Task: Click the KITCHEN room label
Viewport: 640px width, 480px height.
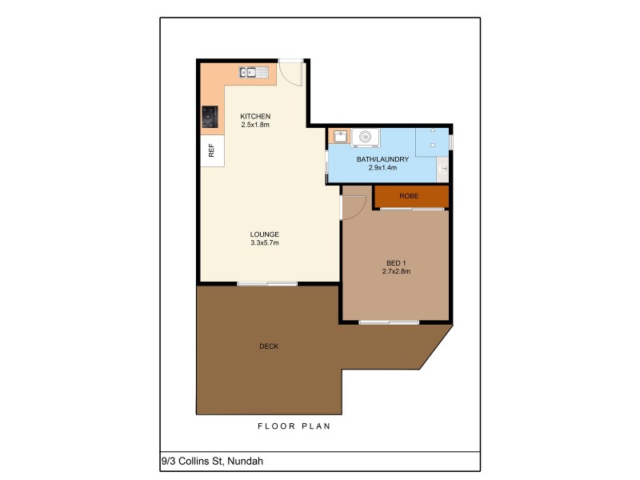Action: point(255,116)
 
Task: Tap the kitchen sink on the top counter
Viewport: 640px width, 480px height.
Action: point(256,72)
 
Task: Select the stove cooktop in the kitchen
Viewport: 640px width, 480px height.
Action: point(210,117)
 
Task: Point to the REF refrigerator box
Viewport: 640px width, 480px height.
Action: point(212,150)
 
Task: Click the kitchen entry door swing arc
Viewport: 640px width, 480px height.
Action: point(294,74)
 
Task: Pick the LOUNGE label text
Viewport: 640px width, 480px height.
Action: point(265,234)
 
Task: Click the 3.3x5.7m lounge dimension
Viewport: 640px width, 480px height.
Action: point(265,242)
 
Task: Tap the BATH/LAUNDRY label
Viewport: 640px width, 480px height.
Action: point(382,159)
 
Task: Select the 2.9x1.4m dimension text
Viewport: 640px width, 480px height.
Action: point(382,168)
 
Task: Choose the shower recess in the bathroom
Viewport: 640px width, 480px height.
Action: point(433,141)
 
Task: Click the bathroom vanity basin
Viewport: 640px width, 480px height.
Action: point(442,169)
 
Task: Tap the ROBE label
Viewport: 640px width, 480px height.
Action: point(409,196)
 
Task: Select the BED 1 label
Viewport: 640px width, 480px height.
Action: point(396,262)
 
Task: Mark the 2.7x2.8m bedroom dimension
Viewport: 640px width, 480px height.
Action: point(396,271)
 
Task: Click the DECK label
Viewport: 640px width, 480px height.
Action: point(269,346)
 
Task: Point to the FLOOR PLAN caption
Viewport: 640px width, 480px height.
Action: point(294,426)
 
